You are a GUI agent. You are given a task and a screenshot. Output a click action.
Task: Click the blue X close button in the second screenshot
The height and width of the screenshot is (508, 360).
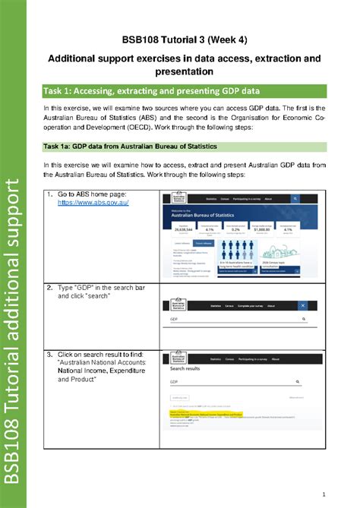302,305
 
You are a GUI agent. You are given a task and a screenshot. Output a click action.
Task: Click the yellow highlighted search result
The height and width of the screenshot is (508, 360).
205,415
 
